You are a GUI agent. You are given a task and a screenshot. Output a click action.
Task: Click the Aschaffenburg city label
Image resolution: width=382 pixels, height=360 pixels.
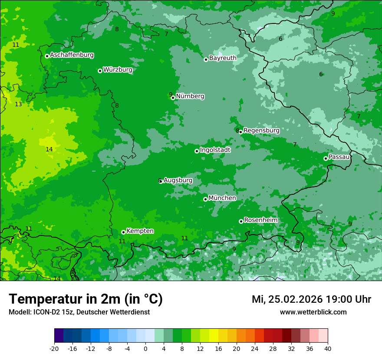tap(72, 55)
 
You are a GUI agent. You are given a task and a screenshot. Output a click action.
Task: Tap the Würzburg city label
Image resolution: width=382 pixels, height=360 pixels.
tap(118, 70)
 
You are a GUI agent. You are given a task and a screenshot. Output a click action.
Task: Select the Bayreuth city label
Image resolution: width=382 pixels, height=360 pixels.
tap(223, 58)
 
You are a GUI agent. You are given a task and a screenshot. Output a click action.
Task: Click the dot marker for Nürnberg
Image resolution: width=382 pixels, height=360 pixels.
tap(173, 98)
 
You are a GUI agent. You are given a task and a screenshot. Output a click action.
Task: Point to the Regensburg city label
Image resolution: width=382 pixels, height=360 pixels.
tap(261, 131)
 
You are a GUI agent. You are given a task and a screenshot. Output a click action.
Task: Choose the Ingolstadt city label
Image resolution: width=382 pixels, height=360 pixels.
tap(215, 150)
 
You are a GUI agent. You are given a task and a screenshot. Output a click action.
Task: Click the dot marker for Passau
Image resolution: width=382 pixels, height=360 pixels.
tap(326, 158)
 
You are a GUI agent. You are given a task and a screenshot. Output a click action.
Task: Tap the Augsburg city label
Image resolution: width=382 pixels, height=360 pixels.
tap(178, 180)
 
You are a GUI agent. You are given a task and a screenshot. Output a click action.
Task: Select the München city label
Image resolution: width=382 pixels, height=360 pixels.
tap(222, 198)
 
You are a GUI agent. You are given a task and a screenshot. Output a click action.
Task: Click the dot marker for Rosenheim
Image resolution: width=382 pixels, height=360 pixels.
tap(241, 221)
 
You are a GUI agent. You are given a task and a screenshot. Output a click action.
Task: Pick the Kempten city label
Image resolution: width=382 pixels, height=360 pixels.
tap(140, 231)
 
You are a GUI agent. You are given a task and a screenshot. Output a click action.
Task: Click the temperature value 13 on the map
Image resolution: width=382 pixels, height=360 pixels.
tap(18, 105)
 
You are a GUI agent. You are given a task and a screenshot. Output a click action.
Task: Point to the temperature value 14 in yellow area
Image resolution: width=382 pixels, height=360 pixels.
tap(49, 149)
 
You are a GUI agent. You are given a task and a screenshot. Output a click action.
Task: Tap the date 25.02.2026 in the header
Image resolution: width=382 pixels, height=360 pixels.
tap(294, 299)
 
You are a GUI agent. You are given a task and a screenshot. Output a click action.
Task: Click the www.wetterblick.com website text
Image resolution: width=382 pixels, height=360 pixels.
tap(313, 312)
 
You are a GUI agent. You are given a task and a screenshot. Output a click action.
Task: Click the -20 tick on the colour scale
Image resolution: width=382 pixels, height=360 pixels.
tap(54, 348)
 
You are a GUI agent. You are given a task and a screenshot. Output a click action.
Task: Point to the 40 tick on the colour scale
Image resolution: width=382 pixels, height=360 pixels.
tap(328, 348)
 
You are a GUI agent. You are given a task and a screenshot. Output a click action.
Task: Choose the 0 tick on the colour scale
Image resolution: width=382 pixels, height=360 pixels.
tap(145, 348)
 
